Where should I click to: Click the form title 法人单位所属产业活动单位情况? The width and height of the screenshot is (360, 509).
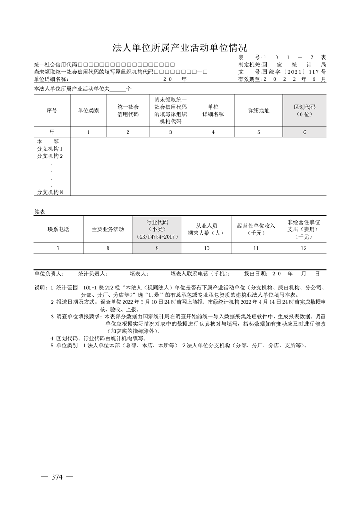click(x=180, y=48)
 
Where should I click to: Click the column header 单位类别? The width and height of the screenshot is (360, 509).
click(x=88, y=110)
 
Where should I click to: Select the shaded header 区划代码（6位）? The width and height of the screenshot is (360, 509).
click(x=304, y=110)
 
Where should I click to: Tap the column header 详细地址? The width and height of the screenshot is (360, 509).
click(x=258, y=110)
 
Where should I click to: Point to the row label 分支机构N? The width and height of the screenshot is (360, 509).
click(x=50, y=192)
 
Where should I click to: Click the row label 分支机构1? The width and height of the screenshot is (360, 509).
click(x=50, y=148)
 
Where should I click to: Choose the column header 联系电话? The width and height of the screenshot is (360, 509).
click(x=58, y=230)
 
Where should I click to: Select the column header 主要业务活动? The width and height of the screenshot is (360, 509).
click(x=108, y=230)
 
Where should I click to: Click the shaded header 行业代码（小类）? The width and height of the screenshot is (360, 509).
click(x=157, y=230)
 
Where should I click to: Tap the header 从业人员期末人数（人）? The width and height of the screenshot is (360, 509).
click(x=206, y=230)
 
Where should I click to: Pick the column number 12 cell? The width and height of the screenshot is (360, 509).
click(x=304, y=248)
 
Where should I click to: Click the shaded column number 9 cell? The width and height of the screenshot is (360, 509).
click(x=157, y=248)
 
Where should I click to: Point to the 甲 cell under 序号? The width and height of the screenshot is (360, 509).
click(x=52, y=132)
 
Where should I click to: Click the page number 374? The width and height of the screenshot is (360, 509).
click(x=57, y=477)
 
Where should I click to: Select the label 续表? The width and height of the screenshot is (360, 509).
click(x=40, y=211)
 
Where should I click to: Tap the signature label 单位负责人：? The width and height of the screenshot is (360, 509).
click(x=49, y=274)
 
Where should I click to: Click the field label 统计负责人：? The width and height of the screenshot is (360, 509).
click(x=92, y=274)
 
